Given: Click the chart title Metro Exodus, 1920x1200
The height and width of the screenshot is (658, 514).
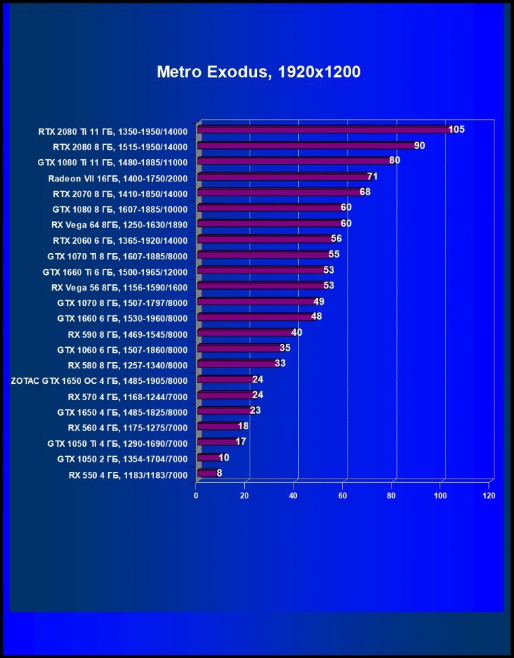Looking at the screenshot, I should pyautogui.click(x=258, y=72).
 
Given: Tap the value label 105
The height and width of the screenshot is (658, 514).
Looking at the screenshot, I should pyautogui.click(x=457, y=129).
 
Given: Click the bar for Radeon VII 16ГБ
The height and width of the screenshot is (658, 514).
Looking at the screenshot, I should pyautogui.click(x=283, y=177).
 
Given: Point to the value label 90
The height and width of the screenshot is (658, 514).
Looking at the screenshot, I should pyautogui.click(x=419, y=146).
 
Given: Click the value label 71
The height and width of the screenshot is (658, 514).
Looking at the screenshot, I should pyautogui.click(x=372, y=177).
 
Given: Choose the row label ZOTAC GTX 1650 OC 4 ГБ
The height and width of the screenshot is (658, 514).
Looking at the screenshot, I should pyautogui.click(x=99, y=380).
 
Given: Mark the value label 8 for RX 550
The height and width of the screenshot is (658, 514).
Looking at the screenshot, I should pyautogui.click(x=219, y=473).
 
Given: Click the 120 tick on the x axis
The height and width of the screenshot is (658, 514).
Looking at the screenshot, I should pyautogui.click(x=489, y=496).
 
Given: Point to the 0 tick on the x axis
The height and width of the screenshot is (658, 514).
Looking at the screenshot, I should pyautogui.click(x=196, y=496).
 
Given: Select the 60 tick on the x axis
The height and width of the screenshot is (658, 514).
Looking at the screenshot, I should pyautogui.click(x=343, y=496).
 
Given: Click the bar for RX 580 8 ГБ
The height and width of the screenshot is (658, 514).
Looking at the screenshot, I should pyautogui.click(x=237, y=364).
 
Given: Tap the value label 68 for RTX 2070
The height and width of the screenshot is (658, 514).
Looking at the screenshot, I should pyautogui.click(x=365, y=192).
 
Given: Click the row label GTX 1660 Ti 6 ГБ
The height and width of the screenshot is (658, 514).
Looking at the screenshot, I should pyautogui.click(x=120, y=271).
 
